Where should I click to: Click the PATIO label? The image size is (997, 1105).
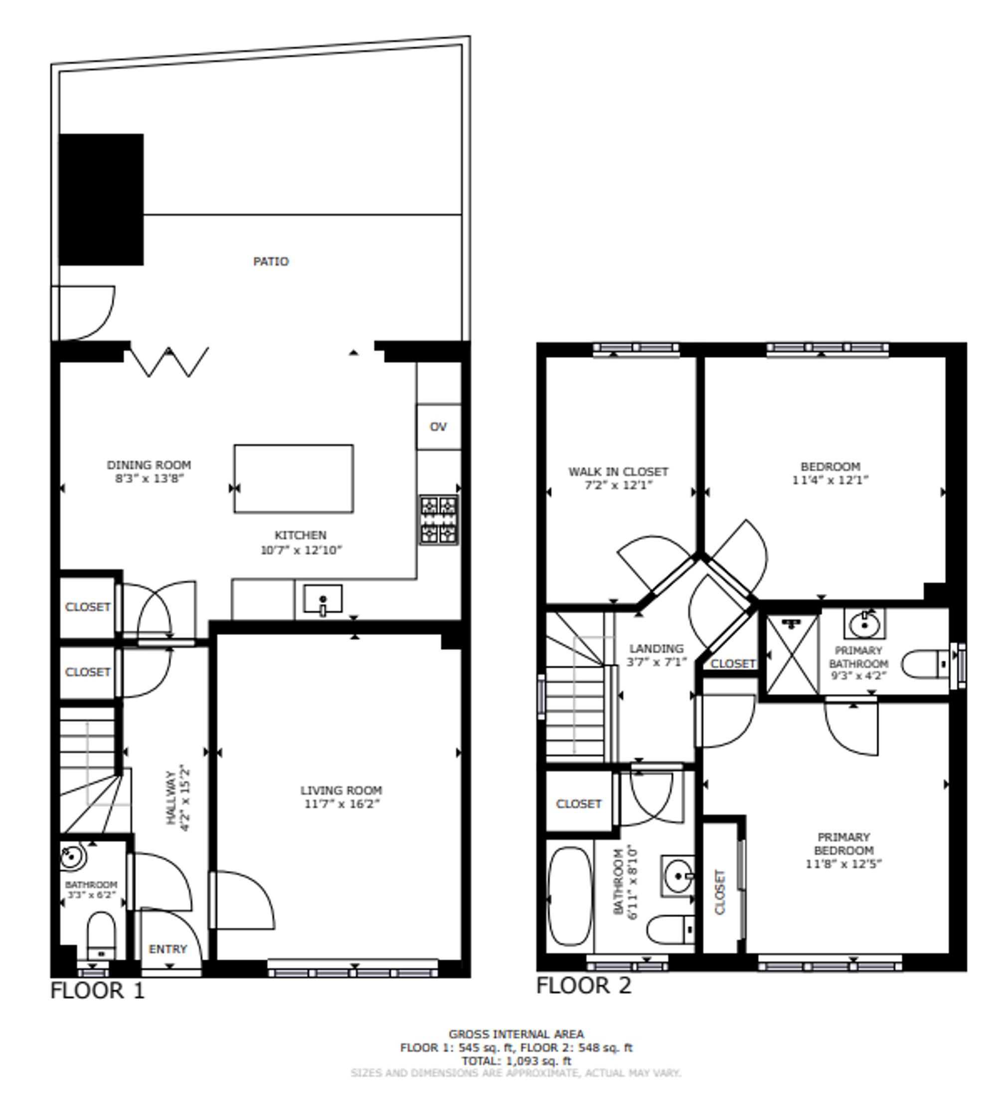[x=271, y=261]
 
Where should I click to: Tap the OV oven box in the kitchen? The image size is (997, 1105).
[x=438, y=426]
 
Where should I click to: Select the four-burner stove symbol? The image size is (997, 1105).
[x=439, y=520]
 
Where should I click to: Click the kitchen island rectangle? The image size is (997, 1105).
[x=294, y=479]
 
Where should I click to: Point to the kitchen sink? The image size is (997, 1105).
[x=323, y=599]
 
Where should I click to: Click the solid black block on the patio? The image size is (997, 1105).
[x=101, y=199]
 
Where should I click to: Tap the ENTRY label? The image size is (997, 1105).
[x=167, y=949]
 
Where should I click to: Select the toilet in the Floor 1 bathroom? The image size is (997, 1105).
[x=101, y=936]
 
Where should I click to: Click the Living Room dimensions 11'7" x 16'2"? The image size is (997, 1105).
[x=342, y=804]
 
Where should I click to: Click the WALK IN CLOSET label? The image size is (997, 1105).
[x=618, y=471]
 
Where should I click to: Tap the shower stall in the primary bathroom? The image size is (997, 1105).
[x=792, y=654]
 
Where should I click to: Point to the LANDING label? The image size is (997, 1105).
[x=656, y=648]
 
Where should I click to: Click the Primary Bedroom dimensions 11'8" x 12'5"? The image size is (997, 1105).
[x=843, y=864]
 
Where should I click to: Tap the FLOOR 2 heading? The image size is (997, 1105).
[x=583, y=985]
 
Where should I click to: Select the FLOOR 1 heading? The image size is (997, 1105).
[x=98, y=990]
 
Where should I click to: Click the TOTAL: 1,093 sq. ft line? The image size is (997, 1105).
[x=516, y=1061]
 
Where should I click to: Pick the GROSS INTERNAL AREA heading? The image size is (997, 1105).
[x=516, y=1034]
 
